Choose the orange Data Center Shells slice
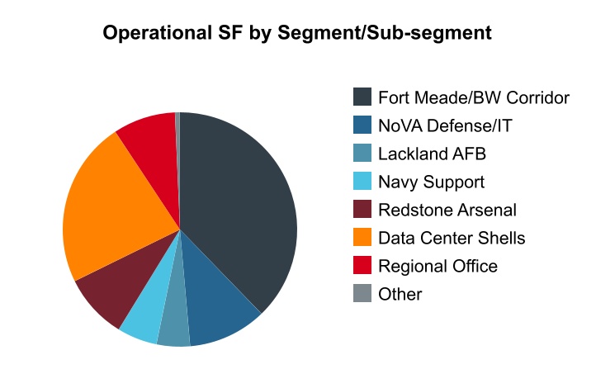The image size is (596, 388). [x=107, y=206]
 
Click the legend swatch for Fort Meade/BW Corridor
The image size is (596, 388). [x=362, y=97]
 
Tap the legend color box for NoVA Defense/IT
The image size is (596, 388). [x=362, y=125]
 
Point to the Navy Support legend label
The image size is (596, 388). [x=431, y=182]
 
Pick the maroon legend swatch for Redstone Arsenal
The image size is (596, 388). [x=362, y=210]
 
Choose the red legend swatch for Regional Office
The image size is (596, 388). [x=362, y=266]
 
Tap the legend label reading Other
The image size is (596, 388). [x=400, y=294]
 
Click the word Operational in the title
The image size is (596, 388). [x=155, y=33]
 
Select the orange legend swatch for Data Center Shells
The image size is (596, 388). [x=362, y=238]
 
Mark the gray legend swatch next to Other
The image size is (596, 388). [x=362, y=294]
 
